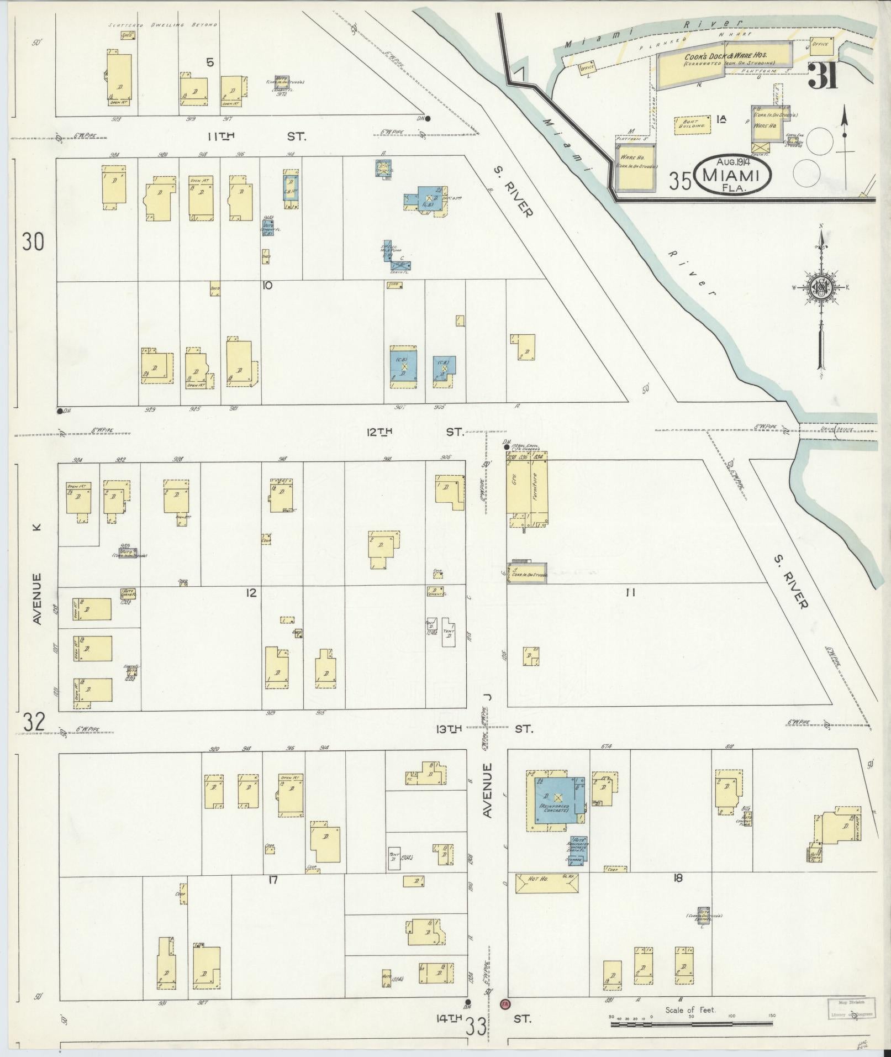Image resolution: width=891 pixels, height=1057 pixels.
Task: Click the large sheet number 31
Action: (824, 76)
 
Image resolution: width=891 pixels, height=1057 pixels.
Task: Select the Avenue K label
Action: (37, 575)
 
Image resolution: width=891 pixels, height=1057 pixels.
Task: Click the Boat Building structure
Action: (690, 123)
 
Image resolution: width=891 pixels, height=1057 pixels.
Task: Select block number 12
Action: (251, 593)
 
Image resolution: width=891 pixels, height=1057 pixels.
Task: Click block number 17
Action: (272, 880)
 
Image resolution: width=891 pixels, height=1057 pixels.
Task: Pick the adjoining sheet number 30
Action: (33, 242)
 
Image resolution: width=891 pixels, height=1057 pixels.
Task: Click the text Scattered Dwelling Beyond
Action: (163, 25)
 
